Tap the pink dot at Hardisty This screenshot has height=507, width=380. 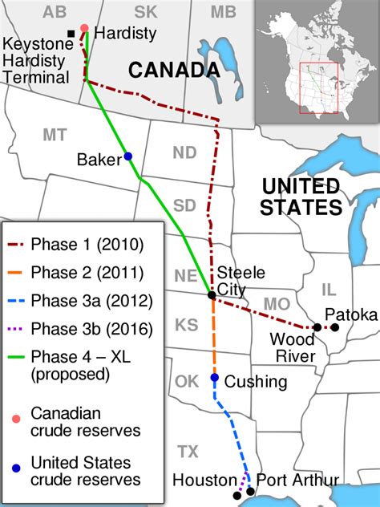84,28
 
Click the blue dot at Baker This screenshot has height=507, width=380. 127,156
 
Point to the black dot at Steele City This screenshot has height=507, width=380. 211,295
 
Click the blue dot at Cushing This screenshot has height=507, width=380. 214,377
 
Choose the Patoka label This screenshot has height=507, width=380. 350,314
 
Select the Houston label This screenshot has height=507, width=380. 204,481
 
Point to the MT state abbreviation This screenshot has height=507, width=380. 54,135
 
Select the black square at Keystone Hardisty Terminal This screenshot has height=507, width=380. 71,33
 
